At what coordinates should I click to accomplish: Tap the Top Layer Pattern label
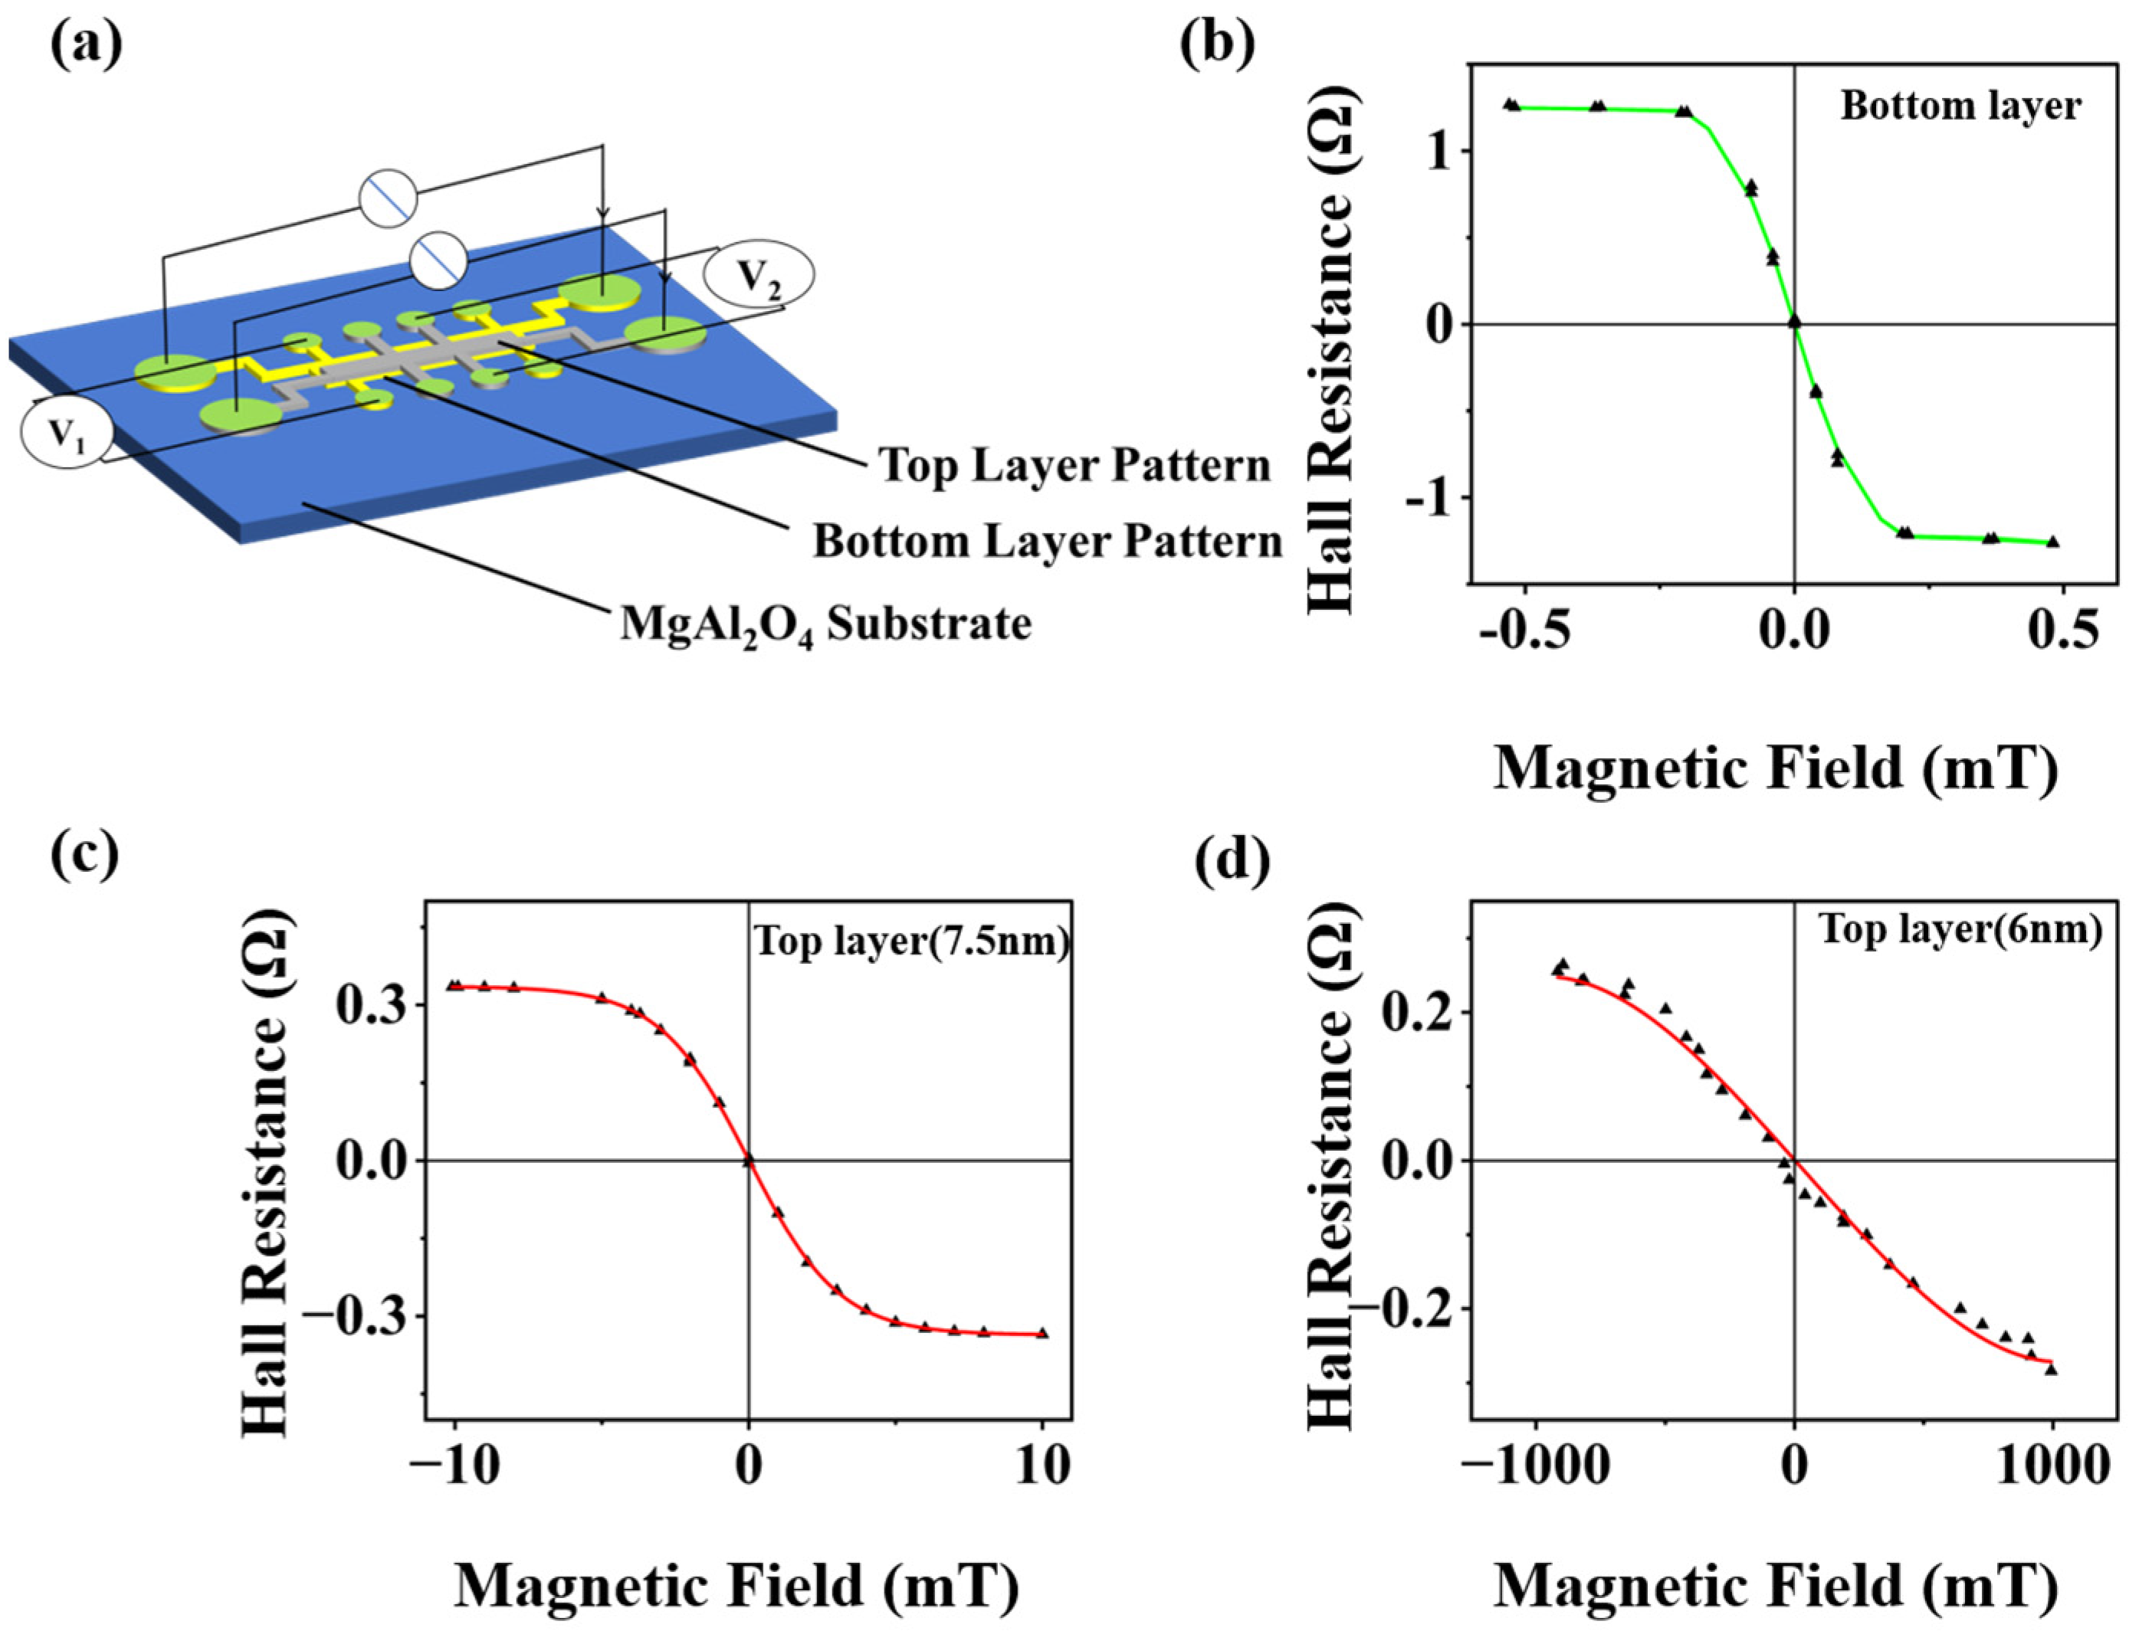(1074, 466)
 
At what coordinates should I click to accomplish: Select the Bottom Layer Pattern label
(1048, 542)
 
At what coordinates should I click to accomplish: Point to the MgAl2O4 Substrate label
(825, 624)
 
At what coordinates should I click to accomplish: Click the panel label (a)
(87, 43)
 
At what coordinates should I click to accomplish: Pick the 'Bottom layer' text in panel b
(1960, 106)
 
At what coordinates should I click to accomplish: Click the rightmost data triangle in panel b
(2052, 542)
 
